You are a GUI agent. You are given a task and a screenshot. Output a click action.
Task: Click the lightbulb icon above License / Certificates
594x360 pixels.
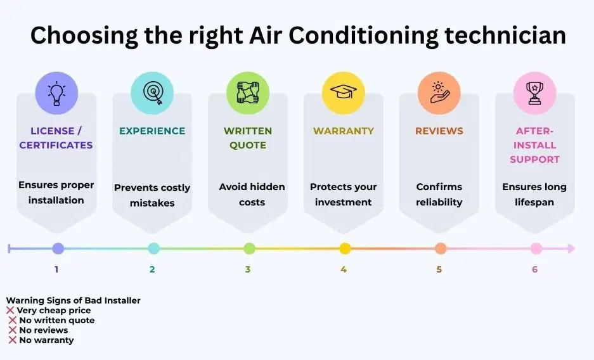click(56, 93)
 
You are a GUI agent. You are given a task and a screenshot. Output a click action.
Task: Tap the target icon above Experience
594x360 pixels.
click(152, 93)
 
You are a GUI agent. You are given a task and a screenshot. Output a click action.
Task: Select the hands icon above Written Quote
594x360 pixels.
click(248, 93)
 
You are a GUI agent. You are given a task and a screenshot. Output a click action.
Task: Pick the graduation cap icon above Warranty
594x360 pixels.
click(344, 93)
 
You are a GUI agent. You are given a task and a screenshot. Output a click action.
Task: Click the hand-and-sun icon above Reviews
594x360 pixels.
click(439, 93)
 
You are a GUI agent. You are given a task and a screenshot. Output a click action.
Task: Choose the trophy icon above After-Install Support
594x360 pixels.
click(535, 93)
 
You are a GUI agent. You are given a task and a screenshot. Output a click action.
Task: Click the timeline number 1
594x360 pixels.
click(56, 269)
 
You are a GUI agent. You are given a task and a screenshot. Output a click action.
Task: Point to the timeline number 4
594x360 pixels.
click(344, 269)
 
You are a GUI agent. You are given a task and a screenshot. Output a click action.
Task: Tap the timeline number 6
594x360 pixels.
click(535, 269)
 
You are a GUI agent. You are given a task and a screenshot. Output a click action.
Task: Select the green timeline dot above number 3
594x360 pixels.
click(249, 248)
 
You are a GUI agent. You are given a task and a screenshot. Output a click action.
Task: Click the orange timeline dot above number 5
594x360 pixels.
click(441, 248)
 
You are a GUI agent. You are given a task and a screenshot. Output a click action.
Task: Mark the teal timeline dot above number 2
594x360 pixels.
click(153, 248)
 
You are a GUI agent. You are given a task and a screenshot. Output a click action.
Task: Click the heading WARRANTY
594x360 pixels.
click(344, 131)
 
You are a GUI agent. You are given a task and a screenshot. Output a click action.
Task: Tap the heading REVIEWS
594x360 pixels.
click(439, 131)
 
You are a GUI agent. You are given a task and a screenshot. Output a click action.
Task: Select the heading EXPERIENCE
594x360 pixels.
click(152, 131)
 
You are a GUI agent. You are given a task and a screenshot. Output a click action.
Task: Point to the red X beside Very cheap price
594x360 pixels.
click(10, 311)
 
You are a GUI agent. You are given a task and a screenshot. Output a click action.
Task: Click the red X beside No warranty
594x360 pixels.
click(13, 340)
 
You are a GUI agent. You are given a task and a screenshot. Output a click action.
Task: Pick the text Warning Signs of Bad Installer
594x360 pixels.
click(73, 300)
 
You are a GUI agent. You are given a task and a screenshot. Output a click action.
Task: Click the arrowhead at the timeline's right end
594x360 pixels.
click(571, 248)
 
